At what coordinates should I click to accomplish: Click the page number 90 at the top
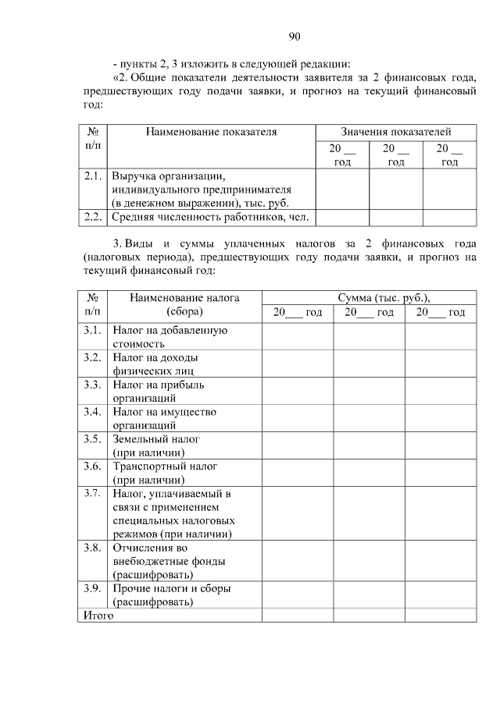[x=295, y=36]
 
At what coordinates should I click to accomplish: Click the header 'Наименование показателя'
[x=211, y=132]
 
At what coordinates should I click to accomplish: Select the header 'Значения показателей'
[x=395, y=132]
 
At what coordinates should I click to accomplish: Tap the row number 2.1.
[x=93, y=176]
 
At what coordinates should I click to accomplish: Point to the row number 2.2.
[x=93, y=216]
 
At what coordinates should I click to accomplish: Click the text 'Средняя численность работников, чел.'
[x=210, y=216]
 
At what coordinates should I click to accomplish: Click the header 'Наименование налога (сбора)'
[x=184, y=304]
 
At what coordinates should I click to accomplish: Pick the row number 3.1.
[x=93, y=331]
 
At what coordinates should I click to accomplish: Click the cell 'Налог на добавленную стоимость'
[x=170, y=337]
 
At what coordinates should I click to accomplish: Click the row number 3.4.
[x=93, y=412]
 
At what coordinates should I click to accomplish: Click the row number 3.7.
[x=93, y=493]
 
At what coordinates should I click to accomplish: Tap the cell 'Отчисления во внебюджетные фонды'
[x=169, y=561]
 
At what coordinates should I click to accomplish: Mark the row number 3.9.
[x=93, y=588]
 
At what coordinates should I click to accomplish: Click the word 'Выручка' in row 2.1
[x=134, y=176]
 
